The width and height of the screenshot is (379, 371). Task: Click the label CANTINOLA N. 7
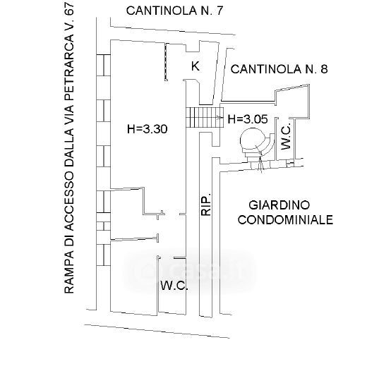[x=174, y=11]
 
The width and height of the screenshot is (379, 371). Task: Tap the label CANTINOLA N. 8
[x=279, y=69]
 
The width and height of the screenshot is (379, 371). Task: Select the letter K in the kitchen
[x=195, y=66]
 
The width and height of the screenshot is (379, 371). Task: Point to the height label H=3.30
[x=148, y=129]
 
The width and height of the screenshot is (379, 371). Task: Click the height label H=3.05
[x=248, y=119]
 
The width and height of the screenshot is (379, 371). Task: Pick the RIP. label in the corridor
[x=206, y=204]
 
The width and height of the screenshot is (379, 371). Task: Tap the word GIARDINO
[x=279, y=205]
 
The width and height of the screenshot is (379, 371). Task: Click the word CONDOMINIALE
[x=285, y=220]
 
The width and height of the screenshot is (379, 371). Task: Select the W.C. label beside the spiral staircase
[x=286, y=138]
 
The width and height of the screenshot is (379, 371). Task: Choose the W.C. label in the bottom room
[x=174, y=286]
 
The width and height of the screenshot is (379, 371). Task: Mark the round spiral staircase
[x=257, y=143]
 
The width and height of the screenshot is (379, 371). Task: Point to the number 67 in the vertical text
[x=68, y=9]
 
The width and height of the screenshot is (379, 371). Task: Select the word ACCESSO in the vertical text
[x=68, y=199]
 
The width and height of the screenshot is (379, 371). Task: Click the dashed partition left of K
[x=166, y=61]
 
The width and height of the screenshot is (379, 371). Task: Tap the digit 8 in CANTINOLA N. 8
[x=324, y=69]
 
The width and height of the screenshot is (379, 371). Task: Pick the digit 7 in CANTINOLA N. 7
[x=219, y=11]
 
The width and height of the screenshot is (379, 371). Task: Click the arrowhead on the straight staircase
[x=219, y=118]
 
